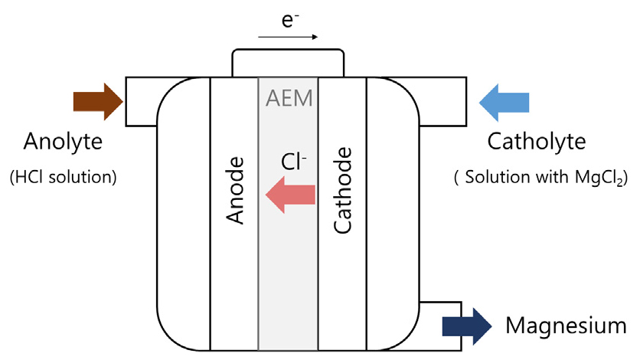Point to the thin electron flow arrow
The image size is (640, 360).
click(288, 35)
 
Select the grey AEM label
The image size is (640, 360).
click(288, 99)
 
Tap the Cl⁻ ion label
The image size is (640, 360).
click(292, 162)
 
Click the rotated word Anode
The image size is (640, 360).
click(237, 190)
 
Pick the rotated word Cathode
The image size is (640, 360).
click(343, 190)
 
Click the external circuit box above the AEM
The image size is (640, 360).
click(288, 61)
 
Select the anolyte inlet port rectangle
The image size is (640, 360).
click(142, 101)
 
